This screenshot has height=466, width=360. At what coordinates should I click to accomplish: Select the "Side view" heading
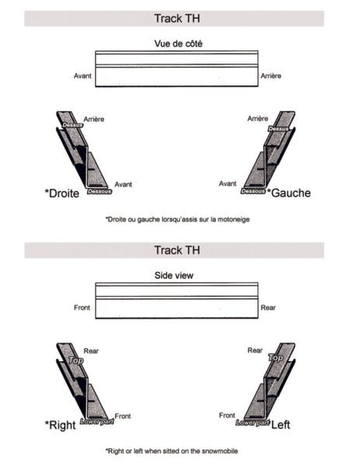[175, 276]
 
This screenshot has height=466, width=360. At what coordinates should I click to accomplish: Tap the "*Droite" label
[62, 193]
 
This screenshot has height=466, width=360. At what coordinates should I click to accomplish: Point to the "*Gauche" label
[289, 193]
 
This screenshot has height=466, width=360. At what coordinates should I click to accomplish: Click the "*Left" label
[279, 425]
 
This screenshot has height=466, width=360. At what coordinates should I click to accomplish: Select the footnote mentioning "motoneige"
[177, 219]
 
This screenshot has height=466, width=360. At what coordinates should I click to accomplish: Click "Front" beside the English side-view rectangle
[82, 308]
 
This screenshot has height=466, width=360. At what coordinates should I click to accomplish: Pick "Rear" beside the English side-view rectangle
[268, 308]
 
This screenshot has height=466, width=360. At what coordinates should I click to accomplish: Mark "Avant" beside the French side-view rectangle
[82, 76]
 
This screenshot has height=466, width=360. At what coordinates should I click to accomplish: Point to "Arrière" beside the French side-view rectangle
[271, 76]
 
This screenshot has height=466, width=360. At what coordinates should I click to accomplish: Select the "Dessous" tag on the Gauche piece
[253, 190]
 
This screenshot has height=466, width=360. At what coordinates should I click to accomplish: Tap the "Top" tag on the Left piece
[275, 357]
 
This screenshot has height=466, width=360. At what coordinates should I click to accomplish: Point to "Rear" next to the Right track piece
[91, 351]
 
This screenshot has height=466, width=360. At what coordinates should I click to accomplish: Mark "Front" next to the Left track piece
[227, 415]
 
